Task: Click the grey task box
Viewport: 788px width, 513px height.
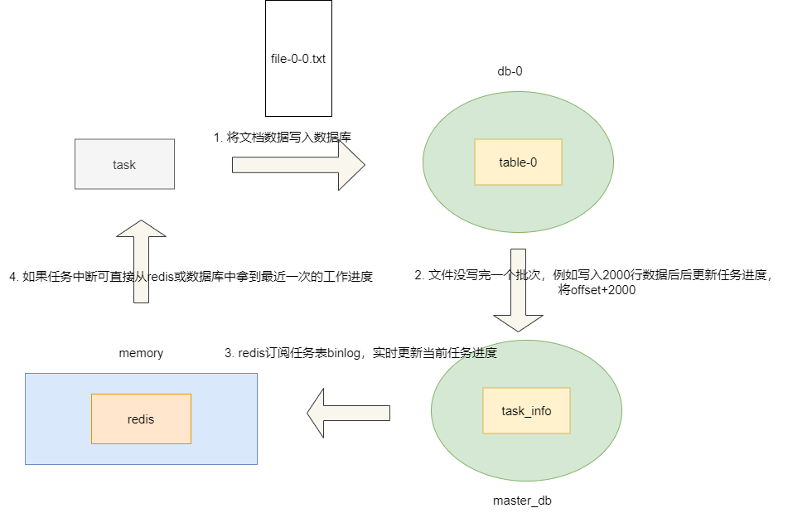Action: [124, 164]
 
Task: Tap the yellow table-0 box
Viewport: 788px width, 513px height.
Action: [518, 162]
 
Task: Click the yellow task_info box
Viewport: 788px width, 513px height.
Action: [526, 411]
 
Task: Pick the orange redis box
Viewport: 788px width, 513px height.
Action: [141, 419]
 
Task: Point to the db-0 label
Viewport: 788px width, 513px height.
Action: [510, 71]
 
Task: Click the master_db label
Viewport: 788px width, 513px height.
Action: [522, 501]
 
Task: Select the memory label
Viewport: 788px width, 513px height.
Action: [141, 353]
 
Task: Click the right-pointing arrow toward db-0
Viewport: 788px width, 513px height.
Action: [298, 164]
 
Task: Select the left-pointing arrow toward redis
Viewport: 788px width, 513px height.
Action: [348, 411]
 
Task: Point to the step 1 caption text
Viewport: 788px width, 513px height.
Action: [282, 137]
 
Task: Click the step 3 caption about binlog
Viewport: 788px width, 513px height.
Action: [360, 353]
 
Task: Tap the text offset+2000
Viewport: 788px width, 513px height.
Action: [597, 291]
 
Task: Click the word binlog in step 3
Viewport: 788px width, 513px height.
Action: [345, 353]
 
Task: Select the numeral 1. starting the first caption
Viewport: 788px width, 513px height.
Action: [218, 137]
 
